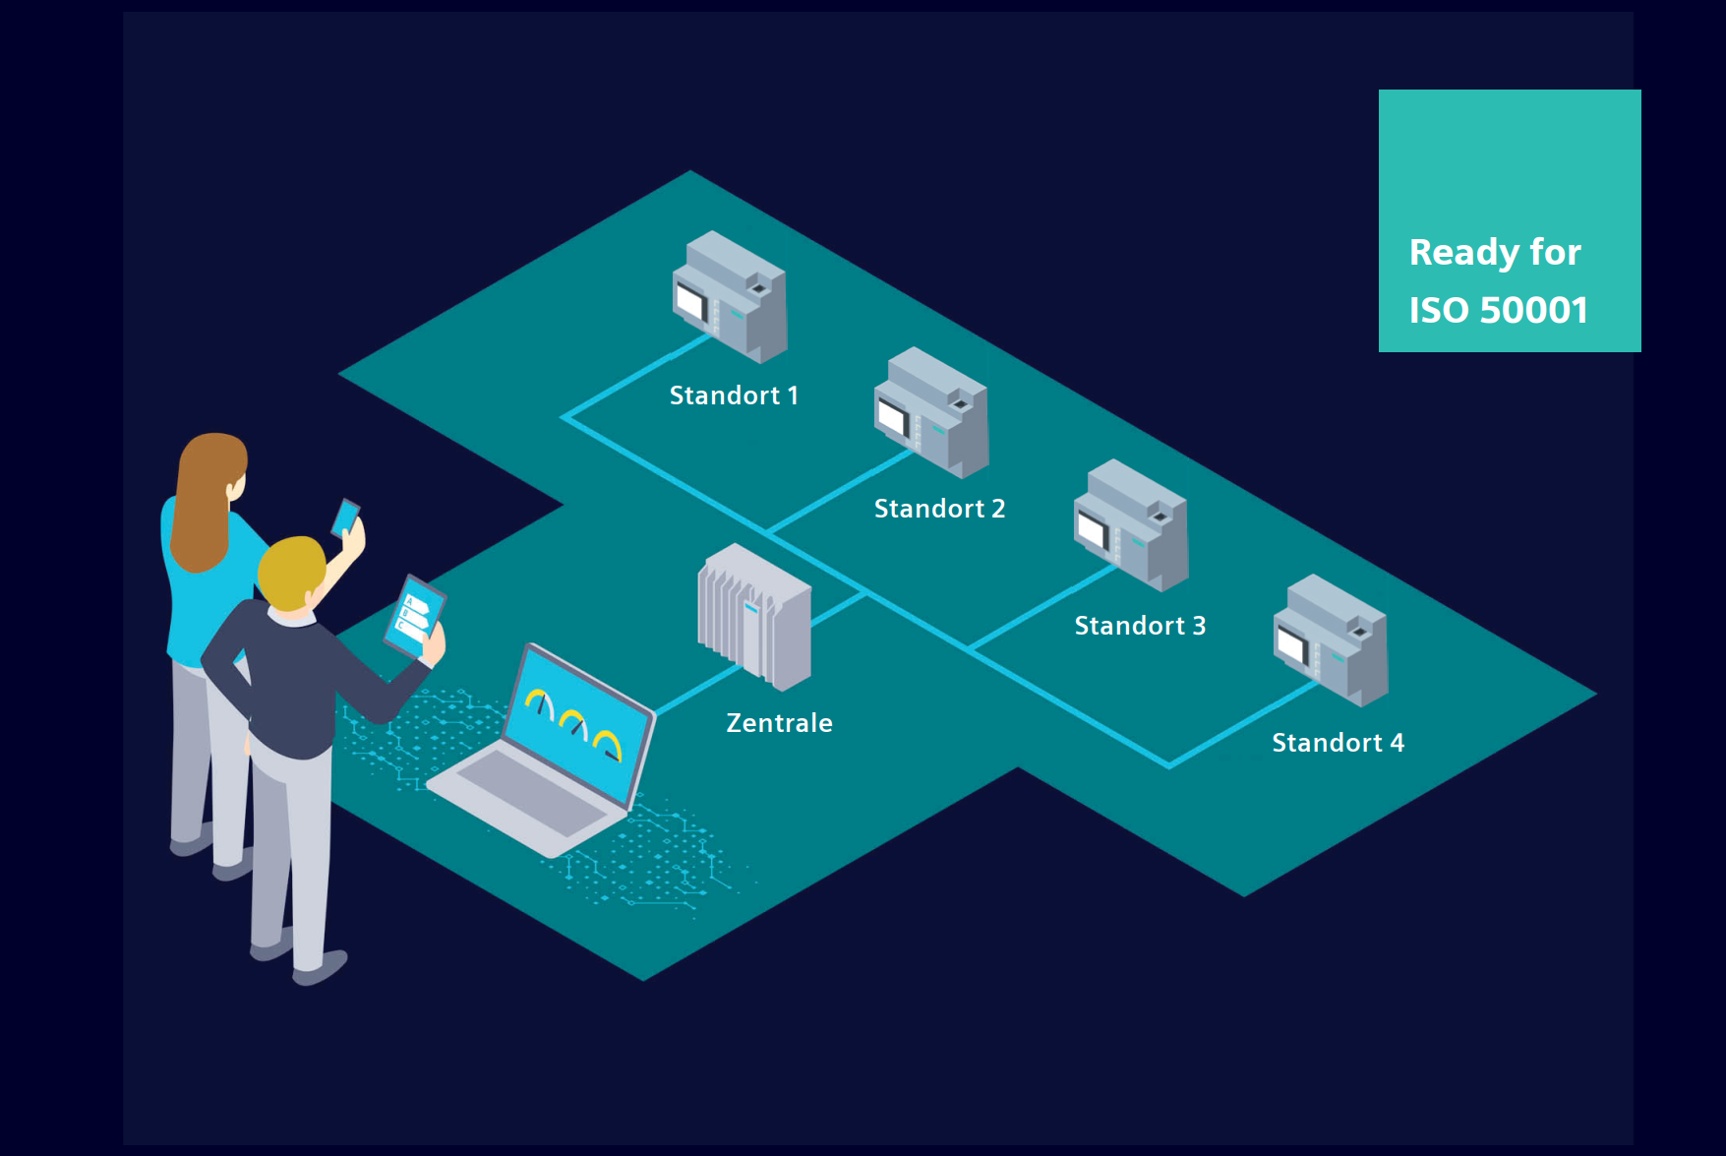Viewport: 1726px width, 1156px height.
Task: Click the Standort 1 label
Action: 734,395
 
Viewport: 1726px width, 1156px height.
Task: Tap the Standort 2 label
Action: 939,509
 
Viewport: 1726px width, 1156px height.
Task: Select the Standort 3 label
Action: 1140,626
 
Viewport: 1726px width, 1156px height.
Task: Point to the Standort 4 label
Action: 1338,743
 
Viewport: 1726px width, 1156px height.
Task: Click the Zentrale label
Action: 779,723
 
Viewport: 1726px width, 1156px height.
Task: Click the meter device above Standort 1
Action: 730,296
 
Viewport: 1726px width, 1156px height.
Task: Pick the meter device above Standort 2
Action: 931,412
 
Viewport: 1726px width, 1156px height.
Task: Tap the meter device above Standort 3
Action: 1131,525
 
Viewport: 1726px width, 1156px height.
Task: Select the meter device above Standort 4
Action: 1331,640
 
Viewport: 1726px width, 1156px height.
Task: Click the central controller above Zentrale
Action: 755,617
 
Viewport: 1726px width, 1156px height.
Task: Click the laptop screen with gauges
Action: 578,725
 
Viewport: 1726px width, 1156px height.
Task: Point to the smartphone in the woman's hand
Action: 345,517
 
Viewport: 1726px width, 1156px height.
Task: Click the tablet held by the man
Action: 414,617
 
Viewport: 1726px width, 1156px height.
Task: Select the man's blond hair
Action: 290,572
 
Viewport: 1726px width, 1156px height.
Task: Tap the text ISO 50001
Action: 1498,310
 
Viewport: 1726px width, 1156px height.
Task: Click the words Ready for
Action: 1495,253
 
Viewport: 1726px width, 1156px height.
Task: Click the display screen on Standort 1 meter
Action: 691,301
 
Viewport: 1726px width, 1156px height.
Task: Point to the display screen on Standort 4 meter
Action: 1292,645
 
